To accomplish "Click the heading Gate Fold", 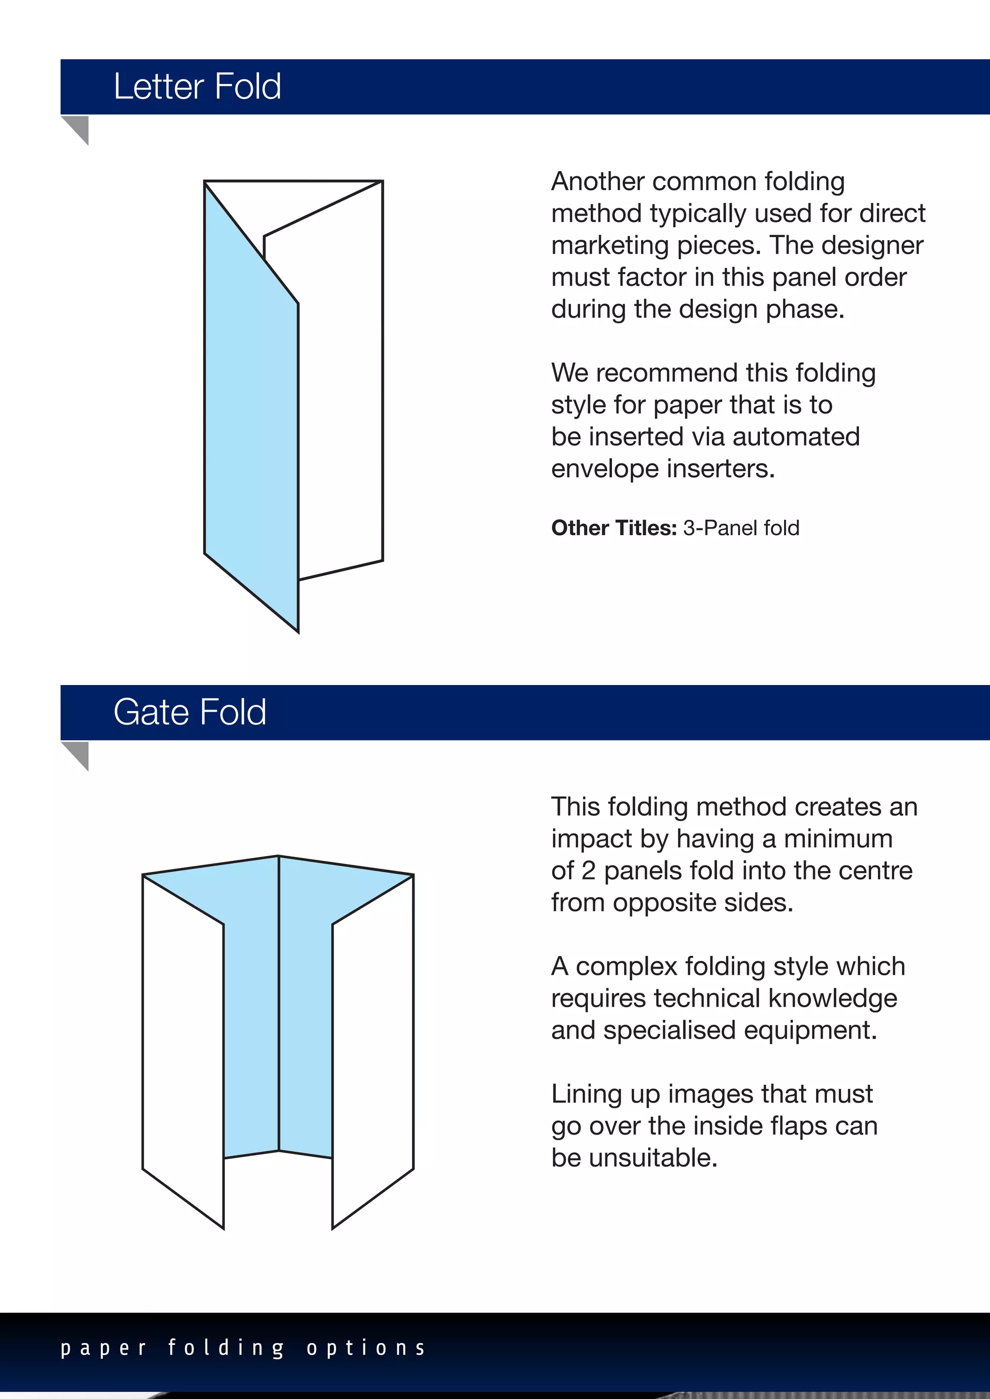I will (189, 712).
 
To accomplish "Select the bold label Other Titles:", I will (613, 528).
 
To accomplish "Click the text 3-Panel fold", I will (741, 528).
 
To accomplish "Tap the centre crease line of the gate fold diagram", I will (278, 1005).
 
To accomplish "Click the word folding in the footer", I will (226, 1347).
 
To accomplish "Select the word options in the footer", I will (366, 1347).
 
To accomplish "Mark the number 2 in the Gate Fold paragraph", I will (588, 871).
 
